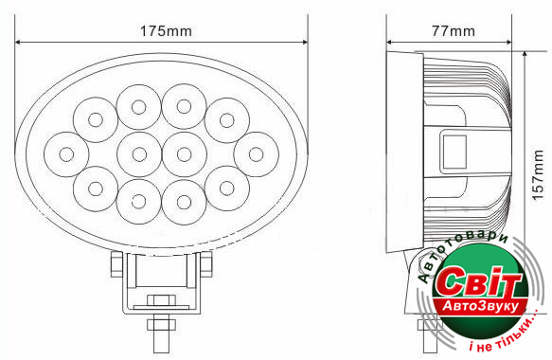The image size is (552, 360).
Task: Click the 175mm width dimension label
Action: [166, 31]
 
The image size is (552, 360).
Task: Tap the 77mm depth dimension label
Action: [454, 31]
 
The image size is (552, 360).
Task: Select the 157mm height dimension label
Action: [538, 175]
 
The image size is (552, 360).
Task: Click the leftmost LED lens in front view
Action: [66, 154]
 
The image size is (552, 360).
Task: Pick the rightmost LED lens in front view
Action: [256, 154]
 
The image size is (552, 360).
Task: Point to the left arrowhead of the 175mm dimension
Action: [18, 43]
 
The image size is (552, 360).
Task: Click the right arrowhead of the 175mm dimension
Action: [305, 43]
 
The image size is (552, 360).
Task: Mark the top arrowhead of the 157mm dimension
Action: [525, 54]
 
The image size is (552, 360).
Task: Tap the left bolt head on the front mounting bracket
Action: [116, 263]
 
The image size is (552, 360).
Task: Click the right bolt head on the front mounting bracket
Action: [206, 263]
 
